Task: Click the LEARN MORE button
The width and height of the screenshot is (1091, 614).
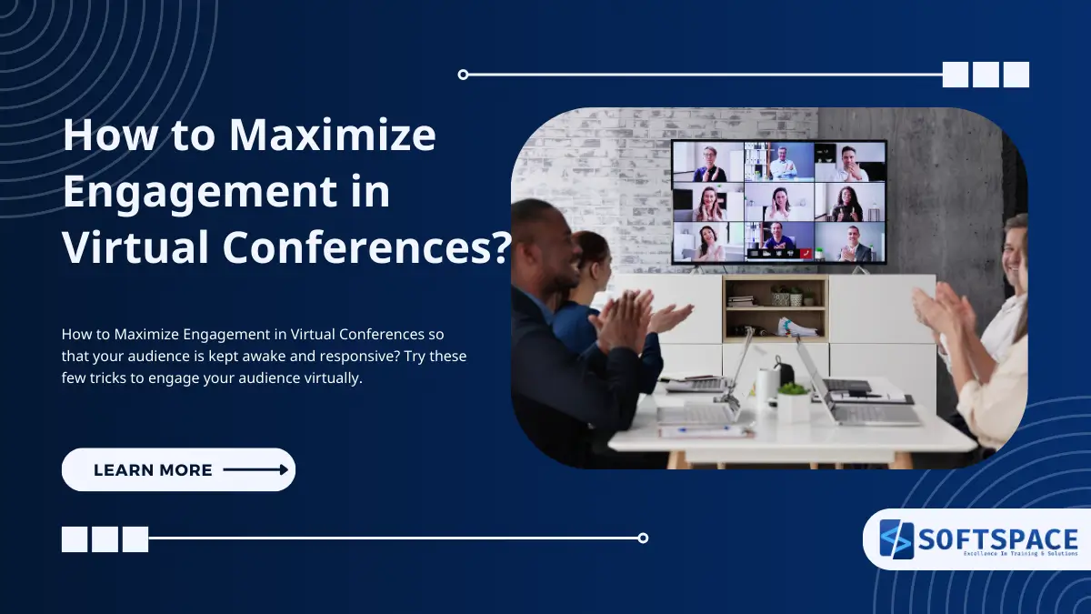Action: pyautogui.click(x=178, y=470)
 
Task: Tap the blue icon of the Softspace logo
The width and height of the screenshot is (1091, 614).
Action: pyautogui.click(x=896, y=539)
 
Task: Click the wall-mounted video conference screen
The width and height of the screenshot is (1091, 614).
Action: pyautogui.click(x=778, y=202)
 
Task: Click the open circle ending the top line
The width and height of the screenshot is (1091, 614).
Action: pyautogui.click(x=463, y=75)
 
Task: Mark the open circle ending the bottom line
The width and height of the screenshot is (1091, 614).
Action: pyautogui.click(x=643, y=538)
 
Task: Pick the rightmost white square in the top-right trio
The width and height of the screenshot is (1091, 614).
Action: pyautogui.click(x=1016, y=75)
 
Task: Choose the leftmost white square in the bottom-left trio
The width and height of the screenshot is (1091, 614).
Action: pyautogui.click(x=75, y=539)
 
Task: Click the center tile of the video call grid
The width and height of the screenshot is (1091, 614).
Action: pyautogui.click(x=778, y=202)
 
